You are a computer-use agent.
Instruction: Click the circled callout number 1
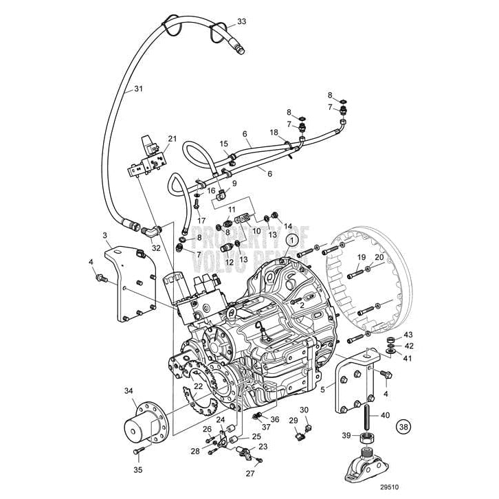(293, 240)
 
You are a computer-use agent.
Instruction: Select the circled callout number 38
(405, 426)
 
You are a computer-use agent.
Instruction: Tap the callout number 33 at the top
(241, 22)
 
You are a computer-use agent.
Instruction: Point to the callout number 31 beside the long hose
(138, 89)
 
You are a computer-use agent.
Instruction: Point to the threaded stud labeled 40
(368, 414)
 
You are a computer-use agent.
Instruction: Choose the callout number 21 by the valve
(172, 139)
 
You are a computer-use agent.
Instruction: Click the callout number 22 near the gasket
(198, 387)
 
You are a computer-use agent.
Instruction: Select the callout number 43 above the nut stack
(408, 335)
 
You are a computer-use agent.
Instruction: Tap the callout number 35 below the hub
(137, 470)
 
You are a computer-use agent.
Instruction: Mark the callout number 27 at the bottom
(250, 473)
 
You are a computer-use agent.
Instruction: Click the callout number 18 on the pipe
(274, 132)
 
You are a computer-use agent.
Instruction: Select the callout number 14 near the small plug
(287, 225)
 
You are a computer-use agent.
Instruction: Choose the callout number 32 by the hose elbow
(156, 249)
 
